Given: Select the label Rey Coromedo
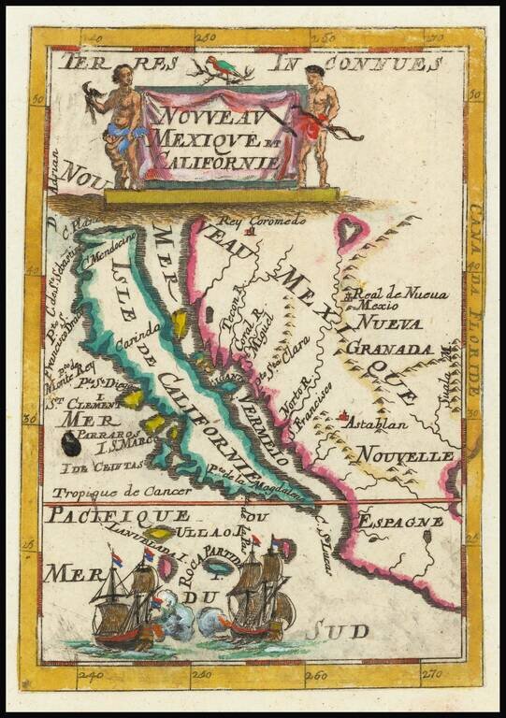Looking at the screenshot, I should (263, 221).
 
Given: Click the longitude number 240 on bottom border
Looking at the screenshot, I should (91, 673).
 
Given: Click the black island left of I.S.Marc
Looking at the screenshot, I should (71, 444).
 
